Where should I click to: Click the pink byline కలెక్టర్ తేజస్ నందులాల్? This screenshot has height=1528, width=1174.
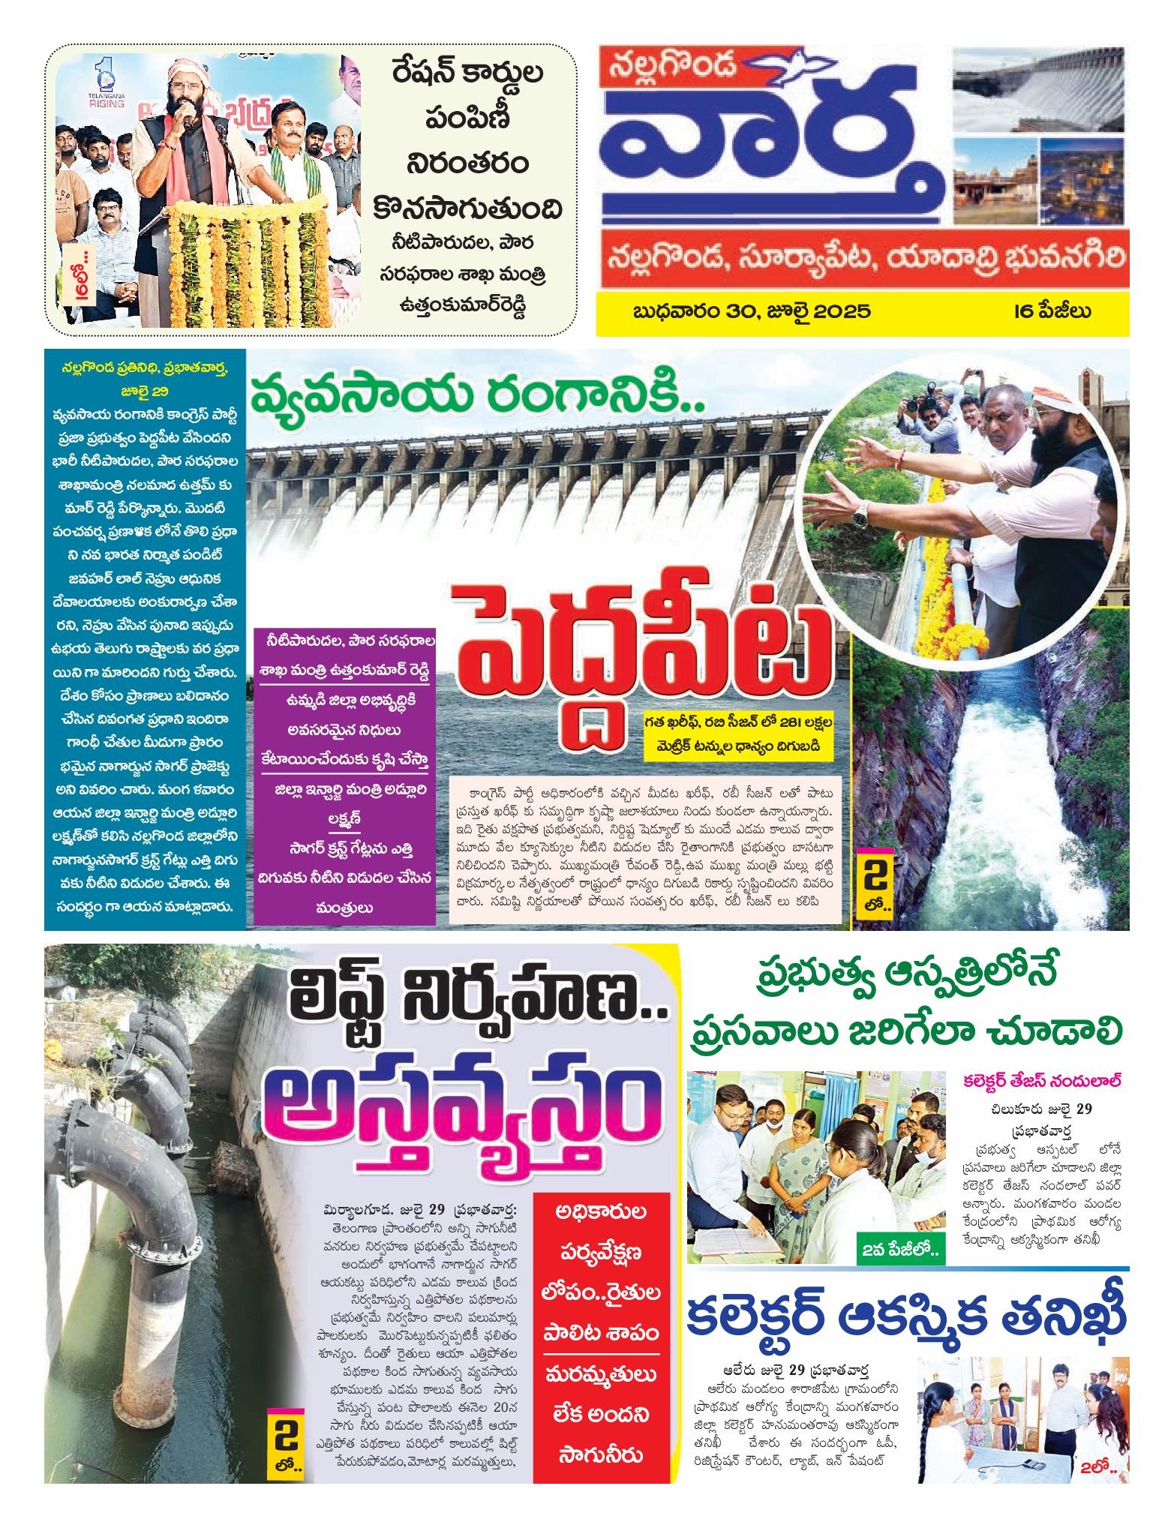[1043, 1082]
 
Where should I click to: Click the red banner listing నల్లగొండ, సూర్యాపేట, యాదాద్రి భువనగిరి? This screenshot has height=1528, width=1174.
[863, 258]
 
